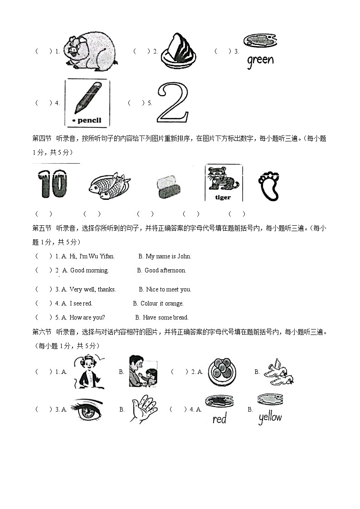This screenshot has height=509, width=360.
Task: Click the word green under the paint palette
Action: (x=260, y=60)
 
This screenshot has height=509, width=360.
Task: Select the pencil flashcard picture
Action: (x=87, y=103)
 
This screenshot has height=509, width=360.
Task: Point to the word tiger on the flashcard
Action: (x=223, y=197)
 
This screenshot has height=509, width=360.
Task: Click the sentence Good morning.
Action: (x=89, y=271)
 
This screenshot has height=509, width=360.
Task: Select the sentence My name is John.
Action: (x=168, y=257)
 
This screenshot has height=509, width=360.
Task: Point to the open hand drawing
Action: (x=144, y=408)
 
